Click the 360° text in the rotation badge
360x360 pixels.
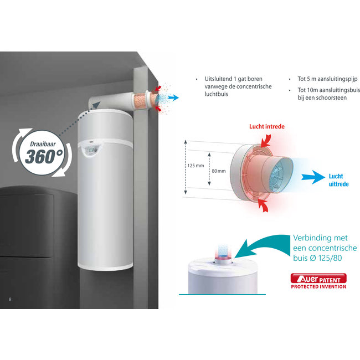(44, 155)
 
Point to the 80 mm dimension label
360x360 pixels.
(219, 171)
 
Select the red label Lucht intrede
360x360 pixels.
(268, 126)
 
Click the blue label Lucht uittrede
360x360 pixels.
(338, 179)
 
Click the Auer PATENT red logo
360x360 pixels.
(319, 278)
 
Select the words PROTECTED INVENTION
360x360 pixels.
(319, 286)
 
